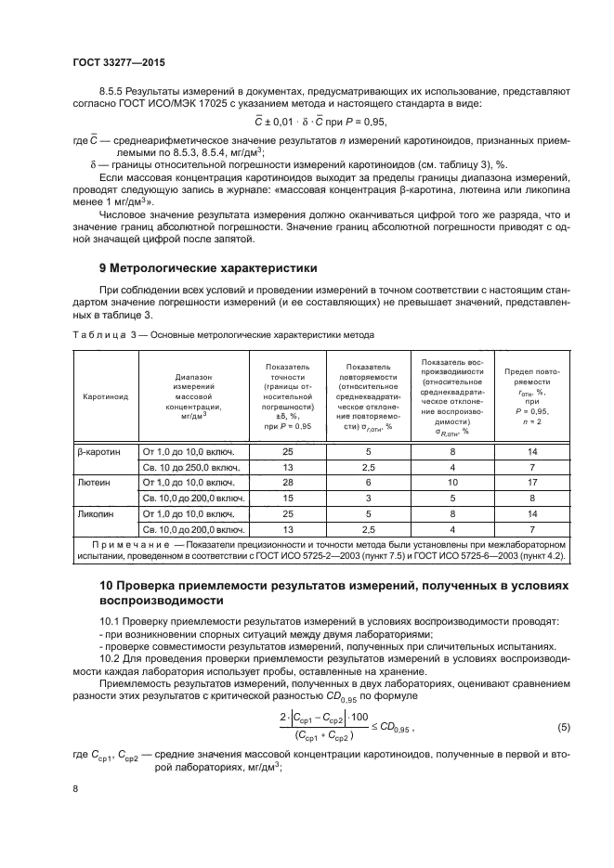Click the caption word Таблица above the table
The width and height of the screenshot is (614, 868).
(97, 332)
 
